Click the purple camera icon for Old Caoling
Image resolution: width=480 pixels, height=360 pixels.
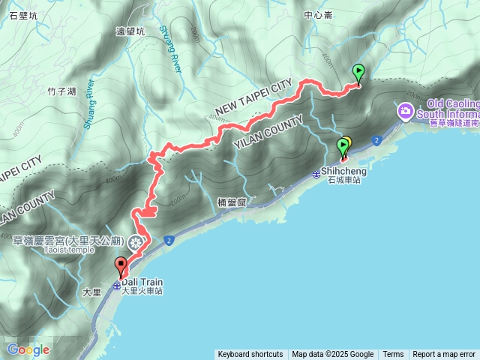pos(406,112)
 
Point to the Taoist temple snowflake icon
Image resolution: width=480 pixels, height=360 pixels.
pos(136,241)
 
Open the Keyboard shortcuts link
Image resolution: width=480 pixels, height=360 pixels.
pos(250,355)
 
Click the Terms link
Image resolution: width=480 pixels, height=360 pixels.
pos(393,355)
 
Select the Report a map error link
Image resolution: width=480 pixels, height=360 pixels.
pos(444,355)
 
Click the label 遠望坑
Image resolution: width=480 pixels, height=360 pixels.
pos(130,31)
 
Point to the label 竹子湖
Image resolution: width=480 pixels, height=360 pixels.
pos(61,91)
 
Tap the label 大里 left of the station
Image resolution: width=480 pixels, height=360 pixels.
pos(91,292)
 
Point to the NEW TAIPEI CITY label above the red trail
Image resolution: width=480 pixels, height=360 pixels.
pos(253,100)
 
